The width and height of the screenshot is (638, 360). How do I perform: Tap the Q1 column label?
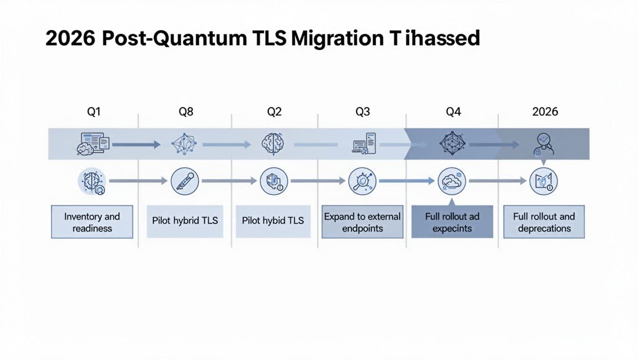pos(94,112)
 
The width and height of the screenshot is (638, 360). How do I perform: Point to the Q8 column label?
pos(186,112)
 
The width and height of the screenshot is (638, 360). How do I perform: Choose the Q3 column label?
pos(363,112)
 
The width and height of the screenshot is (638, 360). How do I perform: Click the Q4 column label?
pos(453,112)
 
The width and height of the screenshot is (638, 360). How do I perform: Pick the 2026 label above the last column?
pos(545,112)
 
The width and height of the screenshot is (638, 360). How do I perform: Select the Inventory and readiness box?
pos(92,222)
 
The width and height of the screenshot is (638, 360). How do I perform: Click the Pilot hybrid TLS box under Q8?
pos(185,220)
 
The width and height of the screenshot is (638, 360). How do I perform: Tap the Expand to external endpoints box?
pos(362,222)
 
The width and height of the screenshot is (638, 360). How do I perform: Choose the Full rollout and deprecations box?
pos(544,222)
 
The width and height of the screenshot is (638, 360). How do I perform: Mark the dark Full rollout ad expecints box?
pos(452,222)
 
